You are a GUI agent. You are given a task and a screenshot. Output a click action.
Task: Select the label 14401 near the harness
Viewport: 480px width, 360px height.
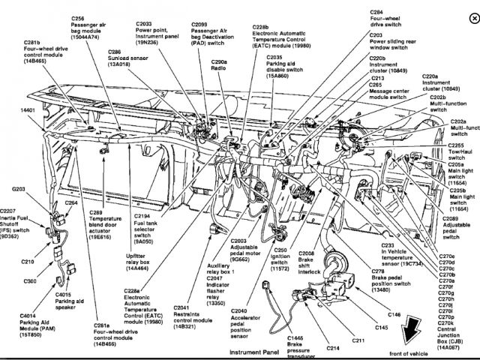click(28, 110)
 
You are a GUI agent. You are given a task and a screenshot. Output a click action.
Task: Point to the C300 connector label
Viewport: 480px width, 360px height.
click(29, 280)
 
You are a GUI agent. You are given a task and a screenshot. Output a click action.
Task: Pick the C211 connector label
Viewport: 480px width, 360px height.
click(358, 341)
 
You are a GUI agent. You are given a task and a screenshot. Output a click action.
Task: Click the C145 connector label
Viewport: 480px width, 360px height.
click(382, 328)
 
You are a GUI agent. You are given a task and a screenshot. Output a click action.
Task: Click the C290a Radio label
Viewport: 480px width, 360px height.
click(218, 62)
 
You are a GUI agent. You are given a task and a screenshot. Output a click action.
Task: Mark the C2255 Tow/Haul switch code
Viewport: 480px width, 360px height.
click(457, 145)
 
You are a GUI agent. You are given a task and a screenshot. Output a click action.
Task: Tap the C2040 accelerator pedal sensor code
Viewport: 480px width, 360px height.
click(239, 310)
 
